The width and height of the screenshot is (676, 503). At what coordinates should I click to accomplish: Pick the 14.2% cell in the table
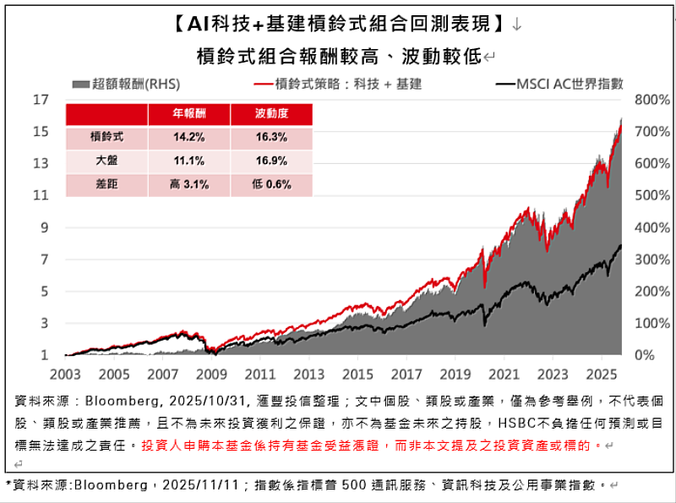point(188,137)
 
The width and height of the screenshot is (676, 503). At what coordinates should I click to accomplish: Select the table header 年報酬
point(188,113)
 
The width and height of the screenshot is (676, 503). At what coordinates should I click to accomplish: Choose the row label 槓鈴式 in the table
point(106,137)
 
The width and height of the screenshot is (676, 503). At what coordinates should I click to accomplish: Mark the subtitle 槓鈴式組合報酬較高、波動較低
point(338,57)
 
